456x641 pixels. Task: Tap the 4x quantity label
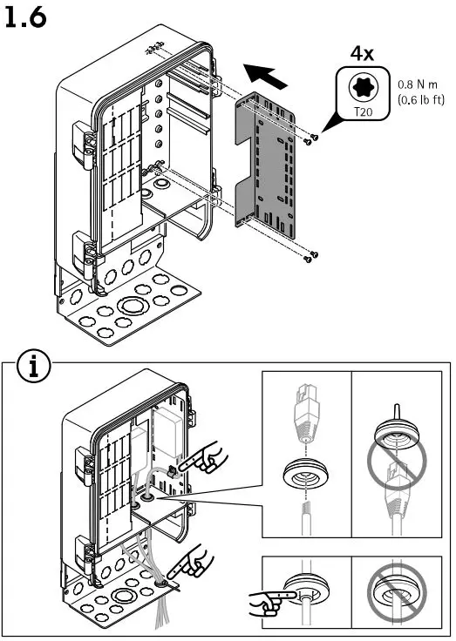tap(361, 54)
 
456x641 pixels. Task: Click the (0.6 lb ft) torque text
tap(419, 100)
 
